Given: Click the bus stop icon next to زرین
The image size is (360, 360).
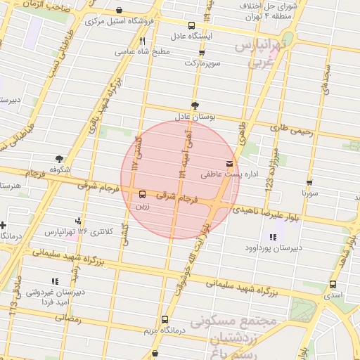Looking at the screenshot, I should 143,193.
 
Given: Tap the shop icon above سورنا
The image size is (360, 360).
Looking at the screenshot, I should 309,181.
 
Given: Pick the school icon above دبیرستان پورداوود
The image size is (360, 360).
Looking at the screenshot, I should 273,237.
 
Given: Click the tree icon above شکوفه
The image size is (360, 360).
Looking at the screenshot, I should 59,159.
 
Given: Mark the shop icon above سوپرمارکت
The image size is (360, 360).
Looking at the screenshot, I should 202,52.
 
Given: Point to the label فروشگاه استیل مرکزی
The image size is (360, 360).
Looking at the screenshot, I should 120,21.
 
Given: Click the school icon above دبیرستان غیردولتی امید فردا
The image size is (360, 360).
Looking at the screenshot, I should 54,282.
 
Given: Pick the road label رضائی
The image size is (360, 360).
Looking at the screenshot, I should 69,318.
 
